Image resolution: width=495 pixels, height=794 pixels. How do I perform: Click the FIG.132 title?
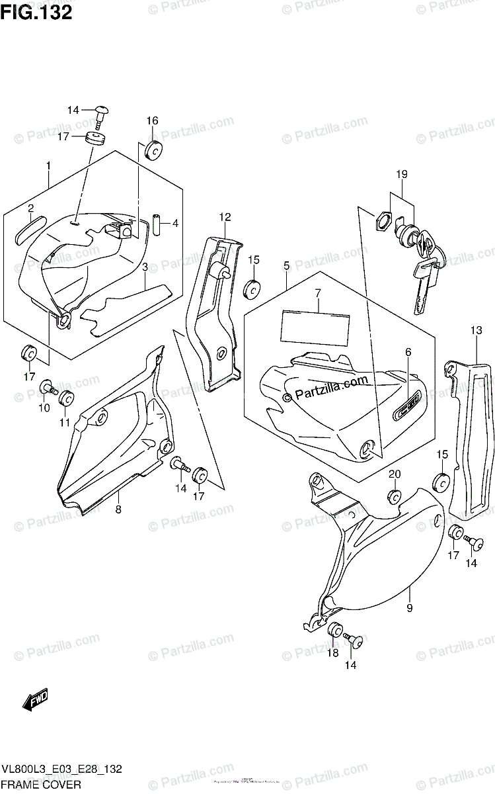(36, 13)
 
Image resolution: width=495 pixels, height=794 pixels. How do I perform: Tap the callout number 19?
(402, 175)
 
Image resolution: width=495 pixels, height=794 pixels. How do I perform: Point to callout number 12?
(225, 216)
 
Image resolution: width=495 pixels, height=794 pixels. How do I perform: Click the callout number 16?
(153, 120)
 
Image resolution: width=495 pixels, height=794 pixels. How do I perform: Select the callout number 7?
(318, 292)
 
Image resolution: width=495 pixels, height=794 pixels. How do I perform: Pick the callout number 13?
(476, 331)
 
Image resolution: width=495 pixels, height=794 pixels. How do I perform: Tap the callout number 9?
(409, 608)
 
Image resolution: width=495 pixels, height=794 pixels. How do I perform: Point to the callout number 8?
(118, 509)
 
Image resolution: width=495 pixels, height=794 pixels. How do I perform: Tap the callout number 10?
(44, 408)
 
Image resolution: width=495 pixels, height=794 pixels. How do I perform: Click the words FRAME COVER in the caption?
(42, 785)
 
